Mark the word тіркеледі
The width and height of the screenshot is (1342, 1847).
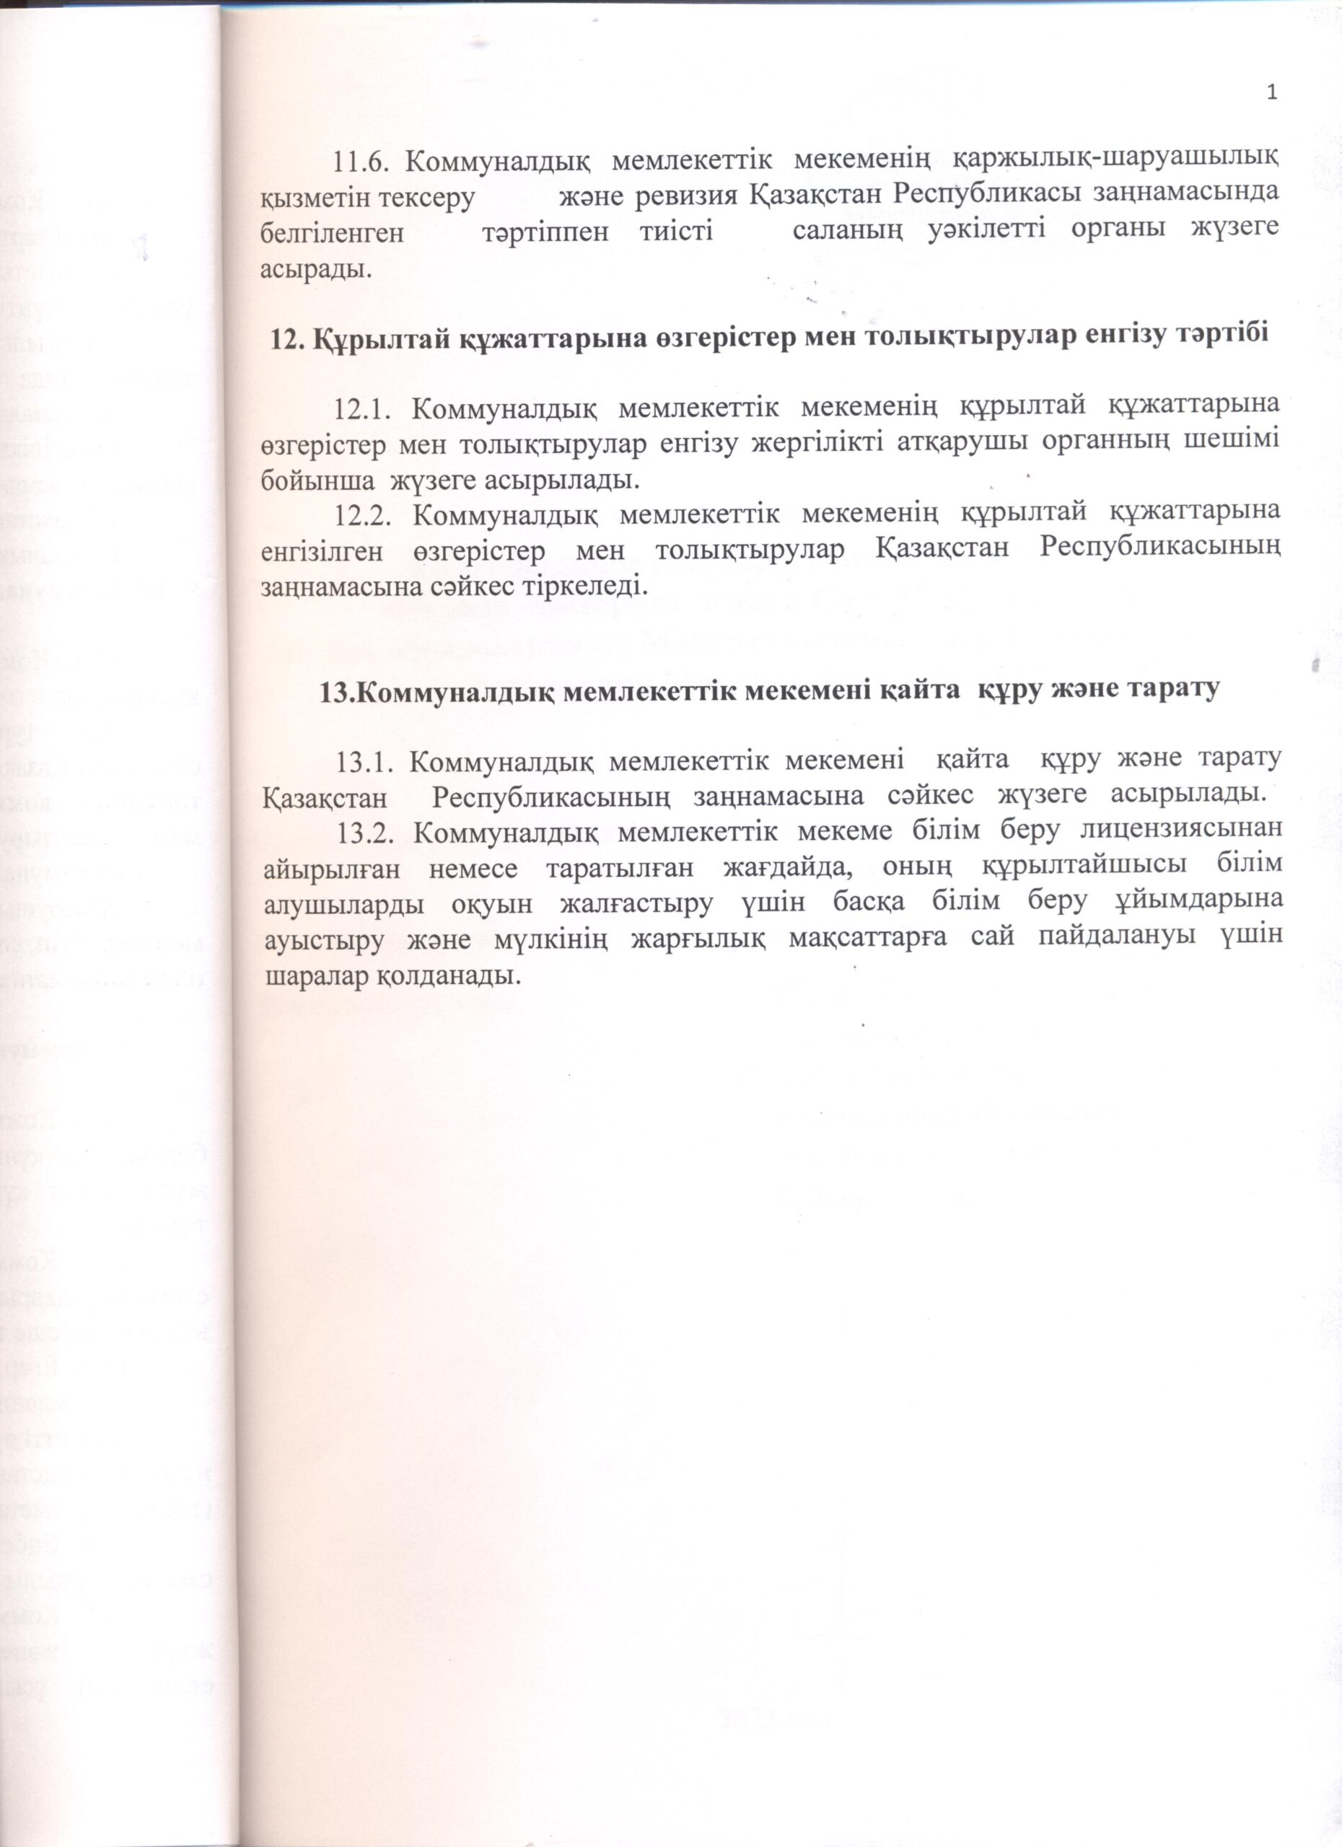(x=601, y=586)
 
